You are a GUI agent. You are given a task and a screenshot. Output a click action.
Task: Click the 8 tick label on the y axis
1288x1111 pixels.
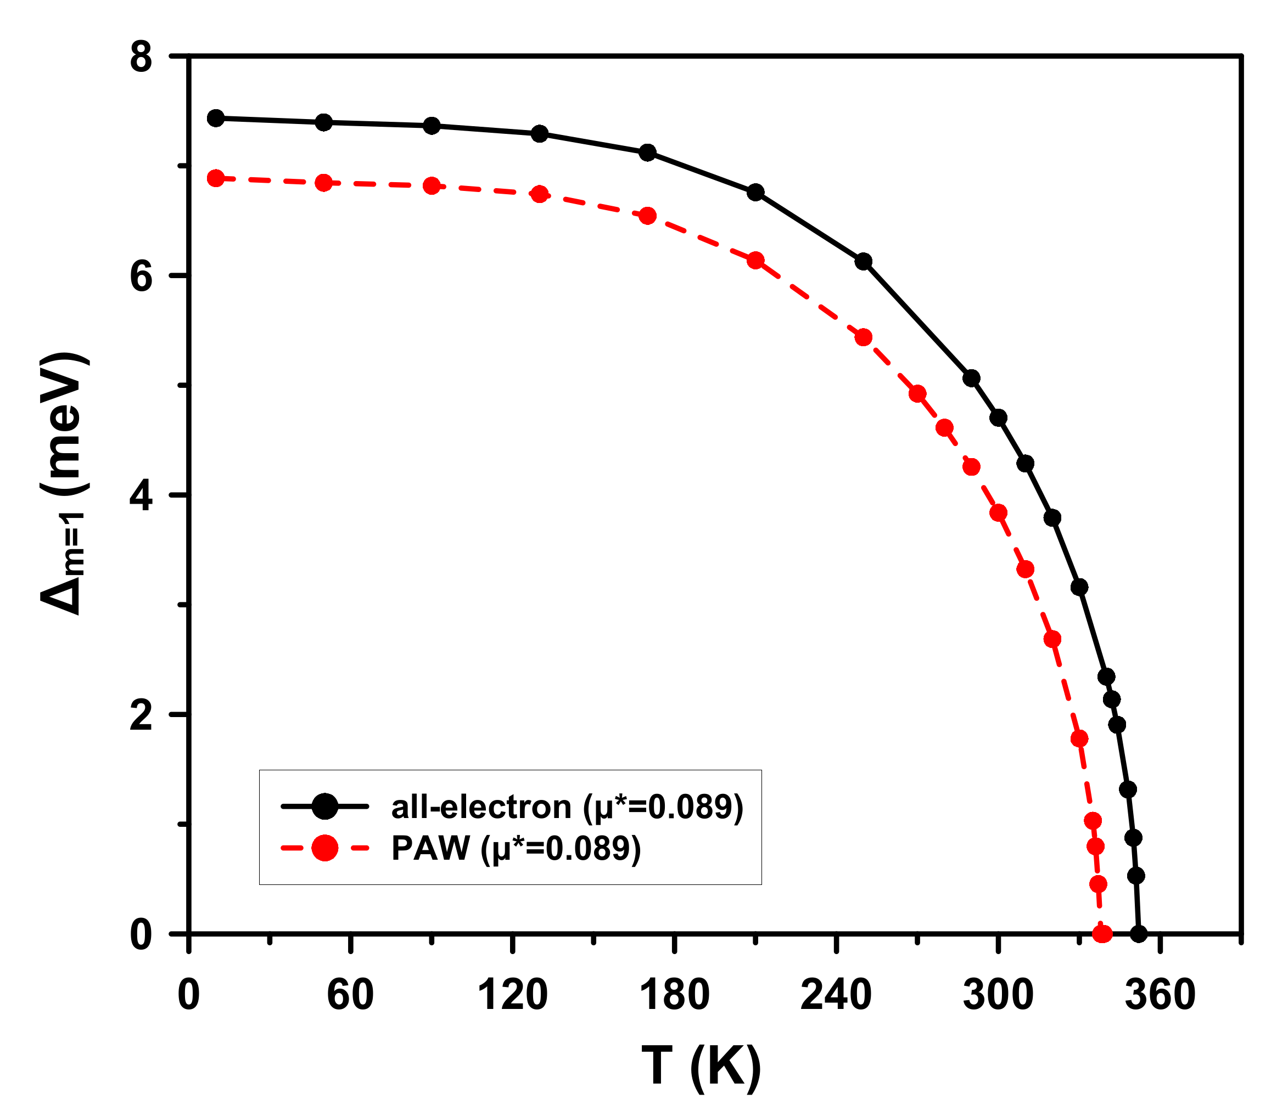[141, 58]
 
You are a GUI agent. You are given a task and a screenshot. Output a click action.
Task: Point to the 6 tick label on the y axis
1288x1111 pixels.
[141, 277]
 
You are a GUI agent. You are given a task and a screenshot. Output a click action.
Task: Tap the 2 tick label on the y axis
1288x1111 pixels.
[141, 717]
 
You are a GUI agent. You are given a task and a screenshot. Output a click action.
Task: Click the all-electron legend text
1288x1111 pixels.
[567, 807]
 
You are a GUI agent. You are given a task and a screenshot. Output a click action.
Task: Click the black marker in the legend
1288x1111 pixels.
[324, 807]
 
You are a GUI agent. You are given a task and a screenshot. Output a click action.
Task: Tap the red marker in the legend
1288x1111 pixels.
[324, 848]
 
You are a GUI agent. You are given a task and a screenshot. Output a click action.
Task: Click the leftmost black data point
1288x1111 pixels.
[216, 119]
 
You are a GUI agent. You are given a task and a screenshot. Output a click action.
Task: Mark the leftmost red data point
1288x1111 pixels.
[216, 179]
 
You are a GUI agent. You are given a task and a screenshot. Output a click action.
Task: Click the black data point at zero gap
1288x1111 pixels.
[1138, 934]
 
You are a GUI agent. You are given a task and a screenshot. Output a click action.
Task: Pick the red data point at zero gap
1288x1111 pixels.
[1102, 934]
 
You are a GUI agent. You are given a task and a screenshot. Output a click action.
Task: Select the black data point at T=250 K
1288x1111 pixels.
[864, 262]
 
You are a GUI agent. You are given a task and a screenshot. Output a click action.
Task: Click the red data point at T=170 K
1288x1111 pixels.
[648, 216]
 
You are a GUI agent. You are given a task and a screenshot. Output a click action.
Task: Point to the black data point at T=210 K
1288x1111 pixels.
[755, 193]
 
